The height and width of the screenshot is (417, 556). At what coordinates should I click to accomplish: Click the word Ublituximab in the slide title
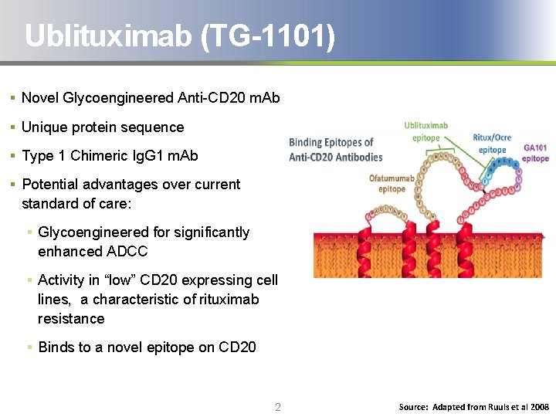108,36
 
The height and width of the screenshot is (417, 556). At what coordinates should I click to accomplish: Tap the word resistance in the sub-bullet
71,318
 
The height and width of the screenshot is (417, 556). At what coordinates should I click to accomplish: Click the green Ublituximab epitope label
425,131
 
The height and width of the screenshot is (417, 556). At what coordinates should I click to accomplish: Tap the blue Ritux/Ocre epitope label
493,144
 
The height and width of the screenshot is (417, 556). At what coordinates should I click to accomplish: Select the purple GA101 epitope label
535,153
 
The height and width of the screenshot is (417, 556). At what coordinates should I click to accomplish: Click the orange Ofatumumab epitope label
392,184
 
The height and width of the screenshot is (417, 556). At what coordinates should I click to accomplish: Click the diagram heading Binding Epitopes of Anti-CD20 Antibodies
335,149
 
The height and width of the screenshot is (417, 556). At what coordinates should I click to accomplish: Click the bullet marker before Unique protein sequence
13,127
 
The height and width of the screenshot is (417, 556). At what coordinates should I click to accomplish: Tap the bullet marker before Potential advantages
13,185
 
